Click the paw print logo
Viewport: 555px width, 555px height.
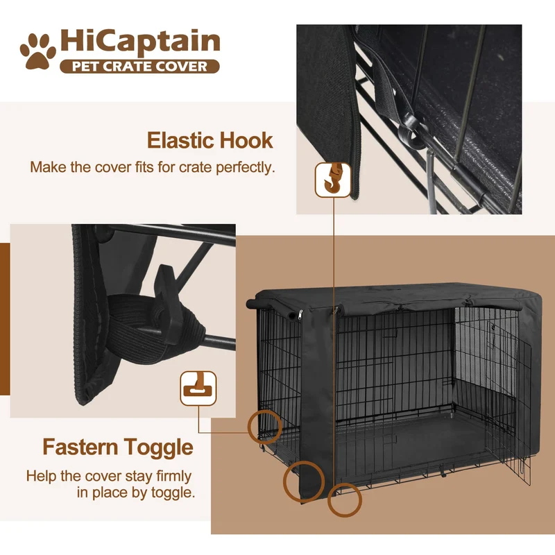click(37, 51)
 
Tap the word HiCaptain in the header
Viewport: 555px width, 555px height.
click(140, 42)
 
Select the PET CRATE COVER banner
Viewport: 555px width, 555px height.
click(140, 67)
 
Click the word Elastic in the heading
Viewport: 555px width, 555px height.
click(180, 141)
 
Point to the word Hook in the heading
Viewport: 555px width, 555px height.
click(246, 141)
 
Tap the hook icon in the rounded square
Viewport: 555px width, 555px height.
click(333, 180)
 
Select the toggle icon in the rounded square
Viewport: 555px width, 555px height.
click(198, 388)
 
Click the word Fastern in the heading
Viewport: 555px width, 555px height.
click(80, 447)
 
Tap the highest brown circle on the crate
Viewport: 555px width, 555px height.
click(265, 427)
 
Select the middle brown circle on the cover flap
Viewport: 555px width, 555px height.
click(304, 481)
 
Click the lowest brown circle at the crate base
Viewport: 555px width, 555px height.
click(344, 500)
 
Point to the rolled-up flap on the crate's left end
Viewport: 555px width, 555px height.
click(273, 309)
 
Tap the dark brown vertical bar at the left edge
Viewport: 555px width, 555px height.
click(5, 319)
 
